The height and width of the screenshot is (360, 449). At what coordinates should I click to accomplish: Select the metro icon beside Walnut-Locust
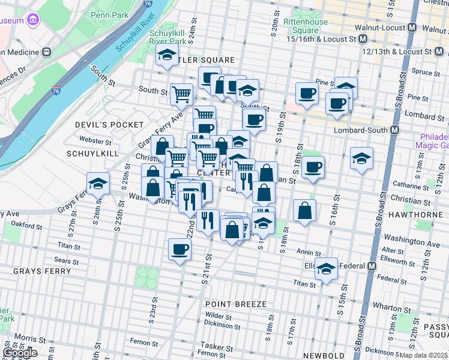pos(412,28)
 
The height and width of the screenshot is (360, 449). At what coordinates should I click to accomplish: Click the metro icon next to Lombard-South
pos(395,130)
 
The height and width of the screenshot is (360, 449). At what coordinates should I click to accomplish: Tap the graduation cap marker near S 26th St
pos(98,184)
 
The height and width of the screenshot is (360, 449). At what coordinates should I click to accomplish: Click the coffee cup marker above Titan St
pos(179,249)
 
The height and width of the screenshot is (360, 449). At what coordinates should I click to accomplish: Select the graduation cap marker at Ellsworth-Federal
pos(327,269)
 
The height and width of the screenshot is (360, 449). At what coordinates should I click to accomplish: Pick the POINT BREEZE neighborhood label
pos(235,304)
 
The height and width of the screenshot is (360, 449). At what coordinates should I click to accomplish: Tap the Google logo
pos(19,353)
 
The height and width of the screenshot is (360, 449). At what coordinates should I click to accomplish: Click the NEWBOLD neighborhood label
pos(324,356)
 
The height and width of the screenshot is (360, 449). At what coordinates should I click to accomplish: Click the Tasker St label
pos(212,346)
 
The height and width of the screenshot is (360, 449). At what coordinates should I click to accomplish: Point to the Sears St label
pos(66,261)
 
